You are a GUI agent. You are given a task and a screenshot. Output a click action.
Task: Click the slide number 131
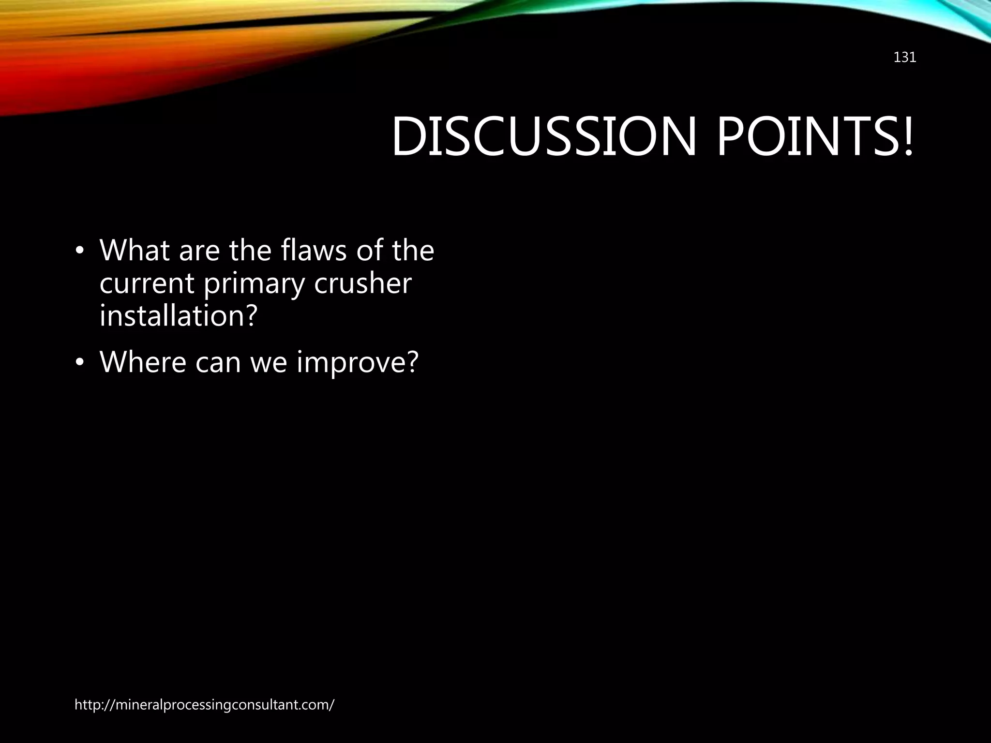904,58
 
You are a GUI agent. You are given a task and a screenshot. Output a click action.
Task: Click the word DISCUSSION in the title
542,137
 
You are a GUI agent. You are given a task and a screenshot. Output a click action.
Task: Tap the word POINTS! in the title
815,137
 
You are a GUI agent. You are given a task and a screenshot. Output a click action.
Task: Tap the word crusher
362,283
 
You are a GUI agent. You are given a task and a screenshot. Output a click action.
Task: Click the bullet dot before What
80,253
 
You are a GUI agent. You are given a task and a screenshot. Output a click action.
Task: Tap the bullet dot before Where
80,364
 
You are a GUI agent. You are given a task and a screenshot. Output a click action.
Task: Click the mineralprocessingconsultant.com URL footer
204,705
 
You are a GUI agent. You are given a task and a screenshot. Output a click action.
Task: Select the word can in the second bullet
218,363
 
